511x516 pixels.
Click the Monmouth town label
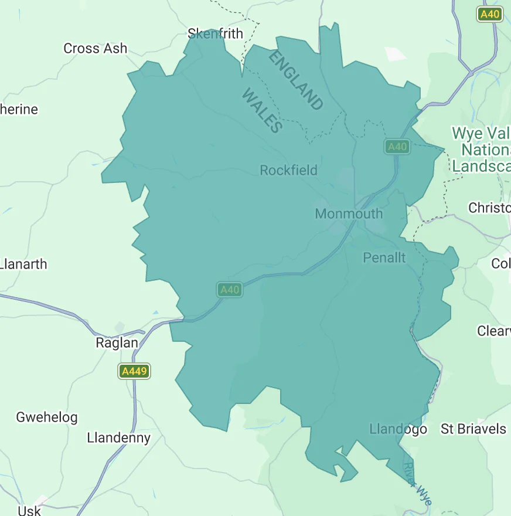point(349,214)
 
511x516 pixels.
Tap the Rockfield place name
point(288,171)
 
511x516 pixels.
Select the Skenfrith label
point(215,33)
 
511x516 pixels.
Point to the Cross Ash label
point(95,49)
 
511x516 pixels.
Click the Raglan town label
point(117,343)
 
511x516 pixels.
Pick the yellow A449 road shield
point(134,371)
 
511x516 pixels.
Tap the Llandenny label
point(118,438)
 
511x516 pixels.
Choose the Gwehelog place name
point(46,418)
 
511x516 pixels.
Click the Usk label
point(29,510)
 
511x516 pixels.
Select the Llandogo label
point(398,430)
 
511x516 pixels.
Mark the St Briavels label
point(473,429)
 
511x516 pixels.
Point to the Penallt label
point(384,258)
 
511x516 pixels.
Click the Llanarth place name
point(24,264)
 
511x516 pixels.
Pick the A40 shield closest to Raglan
point(229,290)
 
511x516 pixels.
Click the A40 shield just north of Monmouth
point(397,147)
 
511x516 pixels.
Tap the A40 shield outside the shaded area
point(489,14)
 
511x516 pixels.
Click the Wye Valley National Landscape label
point(481,150)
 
